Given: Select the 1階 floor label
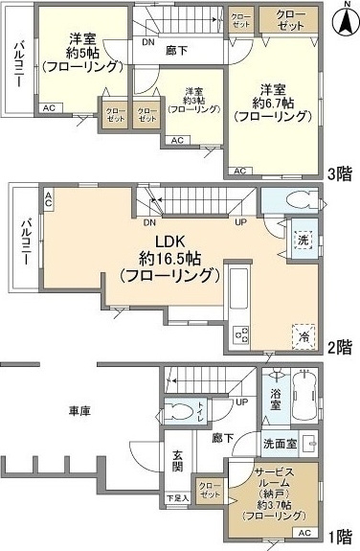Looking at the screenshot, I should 340,536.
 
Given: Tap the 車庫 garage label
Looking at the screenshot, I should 79,411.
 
